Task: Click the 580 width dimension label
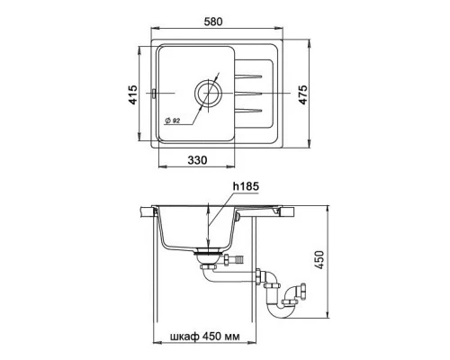click(x=213, y=22)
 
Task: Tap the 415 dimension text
click(x=133, y=94)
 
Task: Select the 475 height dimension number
click(x=303, y=94)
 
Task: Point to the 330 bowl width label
click(x=197, y=160)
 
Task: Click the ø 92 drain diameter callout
click(x=172, y=121)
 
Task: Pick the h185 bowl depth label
click(x=246, y=186)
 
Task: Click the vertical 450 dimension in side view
click(x=319, y=260)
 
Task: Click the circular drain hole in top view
click(x=208, y=94)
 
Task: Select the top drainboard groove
click(x=248, y=76)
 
